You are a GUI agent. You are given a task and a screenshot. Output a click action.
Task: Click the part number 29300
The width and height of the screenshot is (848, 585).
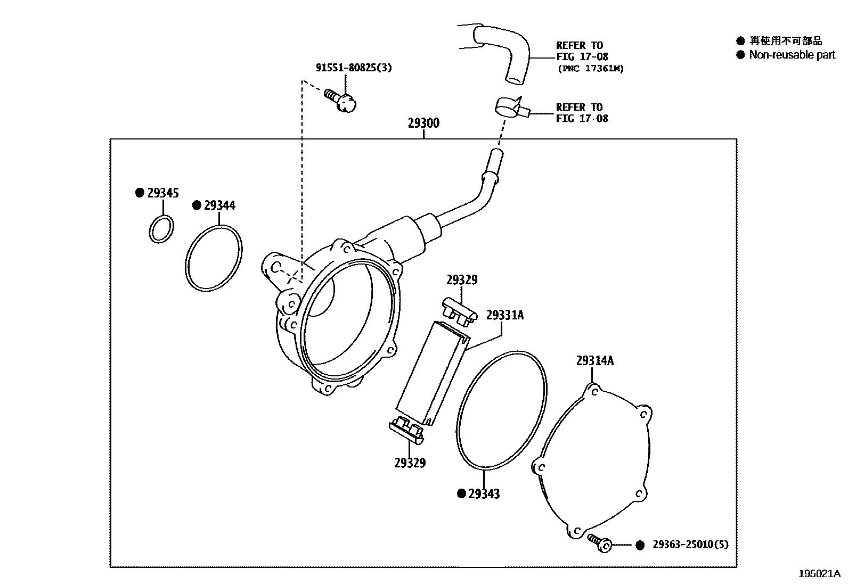point(423,123)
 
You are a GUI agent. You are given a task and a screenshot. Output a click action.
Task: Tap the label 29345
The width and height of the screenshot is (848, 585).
point(162,193)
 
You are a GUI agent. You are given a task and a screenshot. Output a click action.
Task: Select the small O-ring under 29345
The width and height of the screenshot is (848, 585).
point(161,229)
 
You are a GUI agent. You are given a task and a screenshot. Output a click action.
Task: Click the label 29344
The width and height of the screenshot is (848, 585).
point(219,205)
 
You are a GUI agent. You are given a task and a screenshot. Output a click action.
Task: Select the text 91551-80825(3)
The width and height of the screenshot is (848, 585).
point(354,68)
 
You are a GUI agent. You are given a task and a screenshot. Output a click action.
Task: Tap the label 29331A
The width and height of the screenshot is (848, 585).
point(504,316)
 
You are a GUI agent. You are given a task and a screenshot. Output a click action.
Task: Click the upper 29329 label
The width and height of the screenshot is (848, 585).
point(462,280)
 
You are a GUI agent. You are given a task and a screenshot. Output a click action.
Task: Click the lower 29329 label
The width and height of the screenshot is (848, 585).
point(410,463)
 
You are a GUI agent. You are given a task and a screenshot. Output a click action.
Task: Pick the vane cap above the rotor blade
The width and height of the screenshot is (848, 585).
point(459,312)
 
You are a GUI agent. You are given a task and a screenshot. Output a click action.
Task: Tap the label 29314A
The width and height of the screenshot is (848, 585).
point(594,361)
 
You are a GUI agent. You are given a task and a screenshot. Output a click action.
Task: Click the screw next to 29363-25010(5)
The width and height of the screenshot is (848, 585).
point(599,543)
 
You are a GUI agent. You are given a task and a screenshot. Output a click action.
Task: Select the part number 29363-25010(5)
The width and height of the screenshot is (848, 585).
point(690,545)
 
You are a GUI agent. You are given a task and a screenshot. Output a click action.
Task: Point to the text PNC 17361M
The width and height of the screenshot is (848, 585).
point(590,68)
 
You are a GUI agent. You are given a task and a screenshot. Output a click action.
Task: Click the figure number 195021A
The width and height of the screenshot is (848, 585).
point(819,573)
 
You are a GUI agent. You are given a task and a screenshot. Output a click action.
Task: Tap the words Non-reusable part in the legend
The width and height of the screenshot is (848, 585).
point(792,55)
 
